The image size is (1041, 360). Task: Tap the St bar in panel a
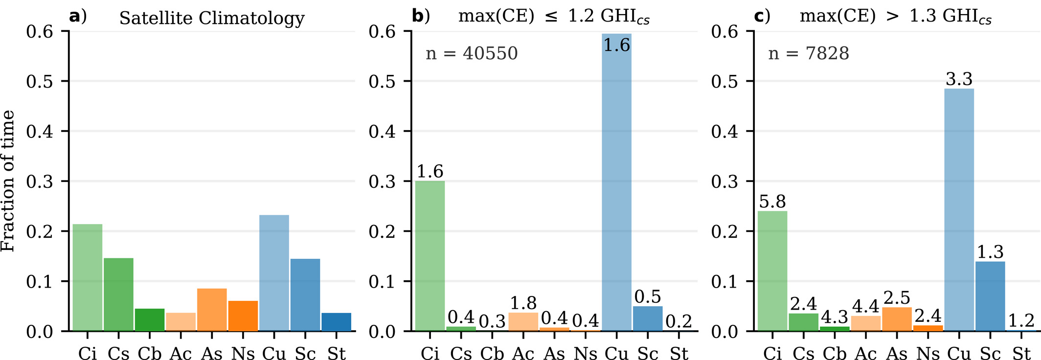pyautogui.click(x=336, y=322)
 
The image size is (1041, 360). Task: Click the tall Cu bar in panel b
pyautogui.click(x=616, y=186)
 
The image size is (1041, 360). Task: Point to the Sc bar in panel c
pyautogui.click(x=990, y=296)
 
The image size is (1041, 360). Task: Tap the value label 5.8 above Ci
pyautogui.click(x=772, y=202)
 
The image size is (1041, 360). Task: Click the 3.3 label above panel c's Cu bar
pyautogui.click(x=959, y=79)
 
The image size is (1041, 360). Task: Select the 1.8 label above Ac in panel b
pyautogui.click(x=523, y=303)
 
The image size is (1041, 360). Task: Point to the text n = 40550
pyautogui.click(x=472, y=53)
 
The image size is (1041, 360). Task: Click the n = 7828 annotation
pyautogui.click(x=809, y=53)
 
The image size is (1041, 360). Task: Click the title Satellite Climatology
pyautogui.click(x=212, y=19)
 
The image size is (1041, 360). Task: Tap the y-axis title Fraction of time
pyautogui.click(x=8, y=181)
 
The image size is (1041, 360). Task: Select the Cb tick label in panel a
pyautogui.click(x=150, y=354)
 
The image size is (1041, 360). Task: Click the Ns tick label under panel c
pyautogui.click(x=928, y=354)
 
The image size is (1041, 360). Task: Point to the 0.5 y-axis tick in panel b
pyautogui.click(x=382, y=81)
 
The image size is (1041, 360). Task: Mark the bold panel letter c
pyautogui.click(x=759, y=16)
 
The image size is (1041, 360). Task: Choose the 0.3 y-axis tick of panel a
pyautogui.click(x=40, y=181)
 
